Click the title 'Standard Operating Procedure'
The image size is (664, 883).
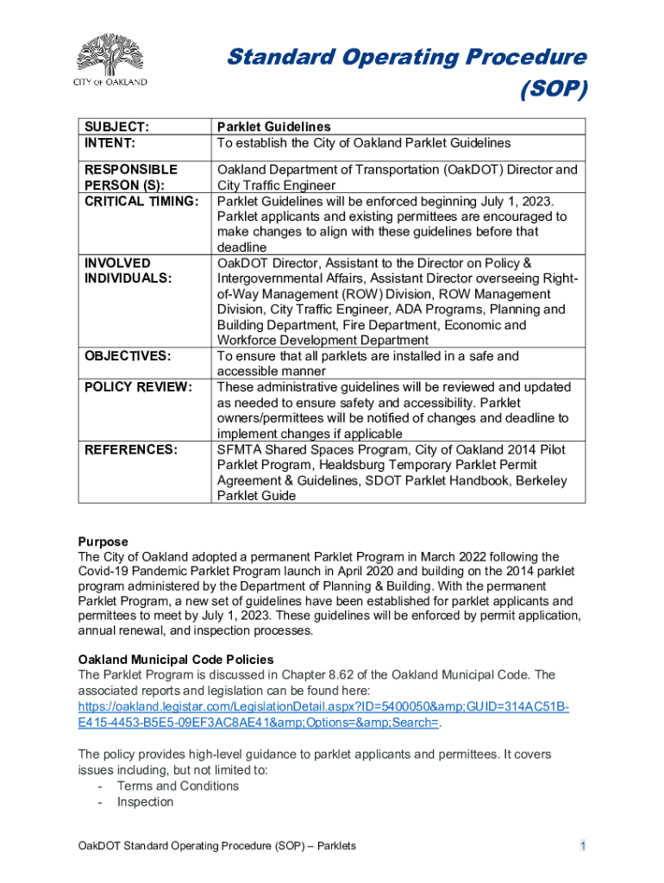(406, 58)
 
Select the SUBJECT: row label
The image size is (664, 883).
(116, 127)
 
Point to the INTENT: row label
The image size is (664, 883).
(110, 142)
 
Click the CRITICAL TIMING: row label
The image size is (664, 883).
(141, 201)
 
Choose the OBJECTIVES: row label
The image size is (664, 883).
(127, 356)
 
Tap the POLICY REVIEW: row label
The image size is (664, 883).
(137, 387)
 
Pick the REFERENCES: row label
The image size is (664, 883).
(130, 449)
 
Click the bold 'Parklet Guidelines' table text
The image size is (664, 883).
(273, 127)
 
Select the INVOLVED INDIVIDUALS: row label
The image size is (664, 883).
(128, 271)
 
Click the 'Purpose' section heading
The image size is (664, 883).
(103, 542)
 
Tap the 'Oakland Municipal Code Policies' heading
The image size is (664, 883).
(176, 660)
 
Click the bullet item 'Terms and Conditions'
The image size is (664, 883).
(178, 786)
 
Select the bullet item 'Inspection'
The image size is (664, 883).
(145, 802)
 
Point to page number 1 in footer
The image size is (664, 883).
(583, 846)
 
